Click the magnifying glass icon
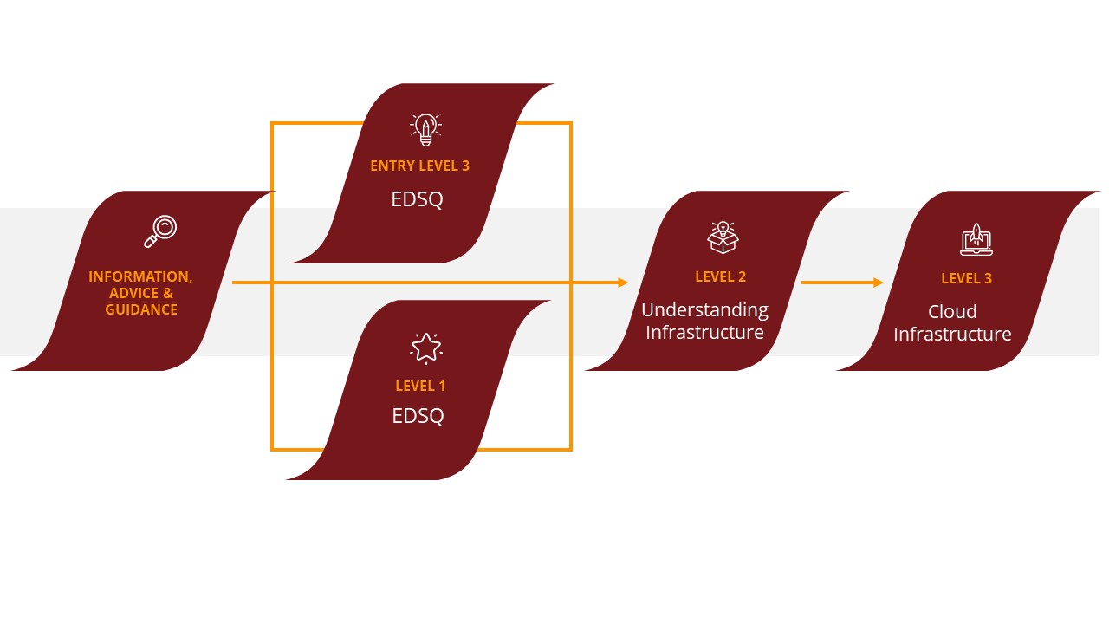pyautogui.click(x=160, y=231)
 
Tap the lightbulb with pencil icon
pyautogui.click(x=425, y=129)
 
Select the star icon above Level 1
pyautogui.click(x=425, y=348)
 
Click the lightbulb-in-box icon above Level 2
pyautogui.click(x=723, y=237)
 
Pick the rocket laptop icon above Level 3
pyautogui.click(x=976, y=239)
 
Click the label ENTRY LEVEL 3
pyautogui.click(x=419, y=166)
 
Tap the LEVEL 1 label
pyautogui.click(x=420, y=386)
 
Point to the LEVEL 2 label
pyautogui.click(x=720, y=276)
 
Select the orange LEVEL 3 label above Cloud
pyautogui.click(x=966, y=278)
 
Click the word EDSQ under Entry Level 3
pyautogui.click(x=418, y=199)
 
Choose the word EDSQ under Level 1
pyautogui.click(x=418, y=416)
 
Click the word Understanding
pyautogui.click(x=704, y=310)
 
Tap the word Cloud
pyautogui.click(x=952, y=312)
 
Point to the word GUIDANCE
pyautogui.click(x=141, y=309)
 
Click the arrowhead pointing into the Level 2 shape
pyautogui.click(x=622, y=283)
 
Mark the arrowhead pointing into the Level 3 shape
pyautogui.click(x=878, y=283)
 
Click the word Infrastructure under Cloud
pyautogui.click(x=952, y=335)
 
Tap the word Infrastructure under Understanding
pyautogui.click(x=704, y=333)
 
